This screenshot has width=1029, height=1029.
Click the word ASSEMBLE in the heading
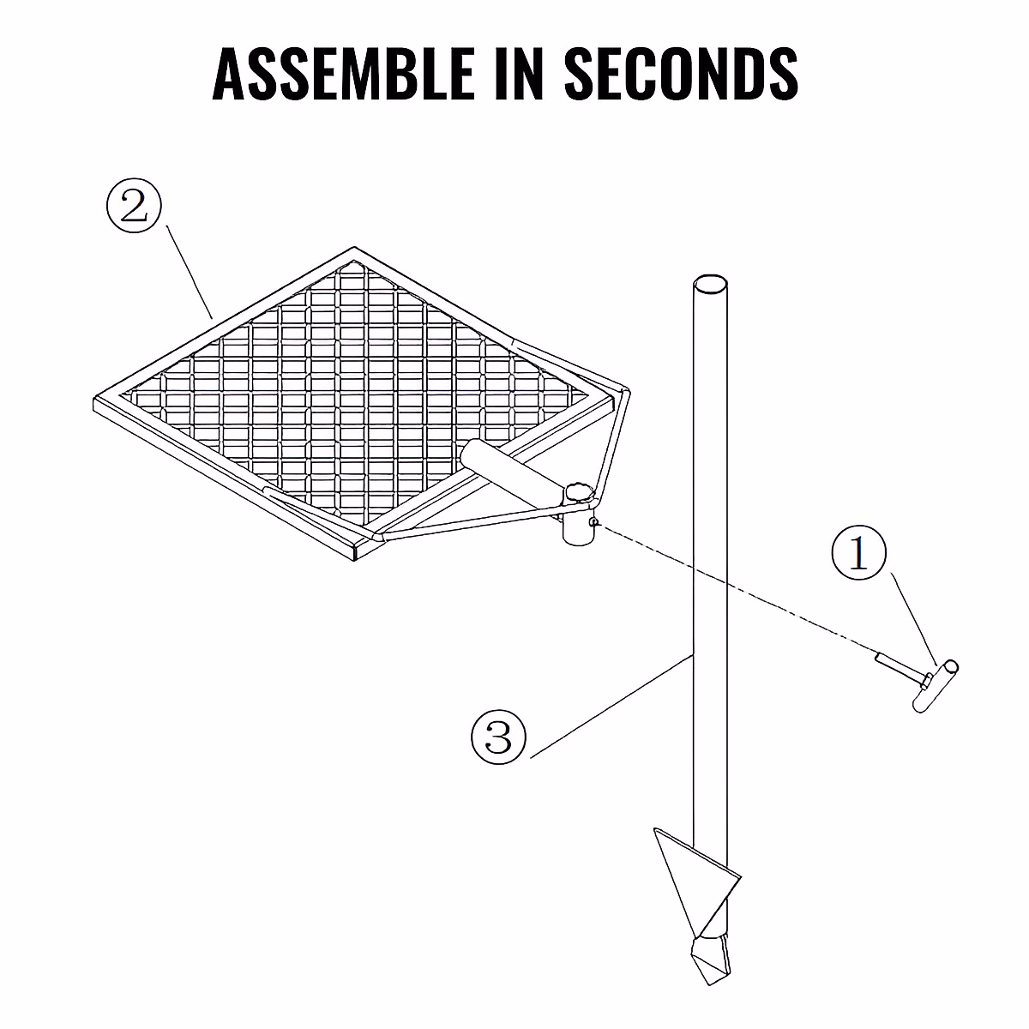point(340,73)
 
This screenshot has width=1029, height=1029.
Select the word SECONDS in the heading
point(682,73)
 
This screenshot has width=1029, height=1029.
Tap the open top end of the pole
point(709,284)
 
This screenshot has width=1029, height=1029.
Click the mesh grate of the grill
point(343,386)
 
